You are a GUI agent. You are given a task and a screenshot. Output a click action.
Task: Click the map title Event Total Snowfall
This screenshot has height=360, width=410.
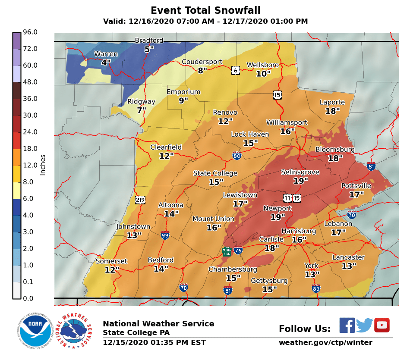point(205,10)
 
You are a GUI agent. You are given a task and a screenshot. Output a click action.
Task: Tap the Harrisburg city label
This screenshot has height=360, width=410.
point(299,231)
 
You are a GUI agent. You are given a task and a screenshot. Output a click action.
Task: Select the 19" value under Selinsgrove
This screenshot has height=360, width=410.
point(300,181)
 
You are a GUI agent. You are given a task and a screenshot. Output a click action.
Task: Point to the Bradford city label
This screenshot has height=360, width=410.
point(149,41)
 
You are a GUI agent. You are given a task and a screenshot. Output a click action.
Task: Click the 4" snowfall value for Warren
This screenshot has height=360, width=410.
point(106,63)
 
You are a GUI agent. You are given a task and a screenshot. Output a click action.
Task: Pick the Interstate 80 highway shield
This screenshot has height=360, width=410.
point(237,156)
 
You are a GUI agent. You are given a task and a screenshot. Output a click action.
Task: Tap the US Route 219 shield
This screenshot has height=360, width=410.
point(140,200)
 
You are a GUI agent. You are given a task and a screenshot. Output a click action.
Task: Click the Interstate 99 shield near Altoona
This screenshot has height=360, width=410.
point(165,235)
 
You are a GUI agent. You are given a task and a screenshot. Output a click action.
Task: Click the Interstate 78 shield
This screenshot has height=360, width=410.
point(352,215)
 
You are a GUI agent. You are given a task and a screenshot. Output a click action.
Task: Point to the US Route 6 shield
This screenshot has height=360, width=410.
point(235,70)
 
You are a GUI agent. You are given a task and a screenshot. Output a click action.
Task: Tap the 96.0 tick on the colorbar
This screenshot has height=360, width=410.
point(30,32)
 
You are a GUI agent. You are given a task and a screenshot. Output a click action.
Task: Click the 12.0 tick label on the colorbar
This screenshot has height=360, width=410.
point(30,166)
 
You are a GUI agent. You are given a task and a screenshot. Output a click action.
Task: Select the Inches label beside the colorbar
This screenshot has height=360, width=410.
point(43,165)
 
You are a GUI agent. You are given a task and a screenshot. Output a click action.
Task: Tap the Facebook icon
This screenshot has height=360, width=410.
point(347,325)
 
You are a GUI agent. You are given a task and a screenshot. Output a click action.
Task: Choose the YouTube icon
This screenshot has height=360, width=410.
point(382,325)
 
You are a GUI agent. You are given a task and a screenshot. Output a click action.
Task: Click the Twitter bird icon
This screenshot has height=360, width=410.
point(364,325)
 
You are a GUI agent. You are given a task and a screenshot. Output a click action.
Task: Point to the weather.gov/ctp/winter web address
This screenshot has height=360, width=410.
point(325,343)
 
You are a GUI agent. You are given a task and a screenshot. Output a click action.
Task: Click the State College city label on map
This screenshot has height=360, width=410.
point(215,173)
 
